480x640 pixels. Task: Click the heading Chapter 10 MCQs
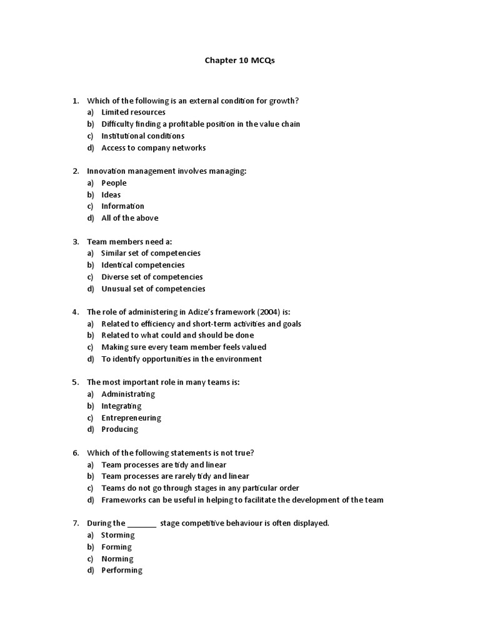239,61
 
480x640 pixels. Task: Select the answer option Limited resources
133,112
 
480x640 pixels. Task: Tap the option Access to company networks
153,148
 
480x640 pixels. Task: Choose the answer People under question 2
114,183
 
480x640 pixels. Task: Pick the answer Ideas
111,195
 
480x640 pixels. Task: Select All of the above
130,218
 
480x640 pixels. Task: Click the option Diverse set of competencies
152,277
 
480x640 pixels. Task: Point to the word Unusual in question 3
115,289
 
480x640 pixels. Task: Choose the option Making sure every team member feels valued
184,347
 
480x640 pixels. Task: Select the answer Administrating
128,394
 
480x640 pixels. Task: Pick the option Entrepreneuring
131,418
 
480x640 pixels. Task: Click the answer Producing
120,429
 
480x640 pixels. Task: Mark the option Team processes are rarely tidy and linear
175,476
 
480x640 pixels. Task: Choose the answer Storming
118,535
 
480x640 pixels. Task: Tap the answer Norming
117,559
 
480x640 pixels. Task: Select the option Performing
122,571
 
